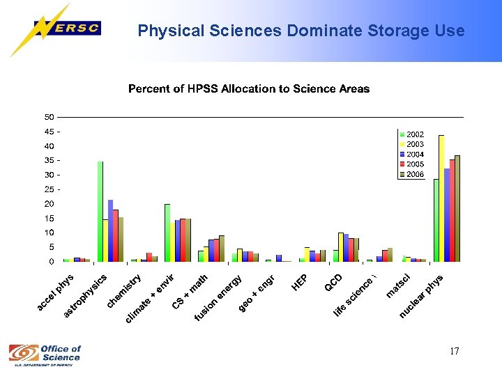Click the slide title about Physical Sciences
click(x=301, y=31)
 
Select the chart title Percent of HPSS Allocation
click(x=249, y=89)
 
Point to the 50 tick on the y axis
click(x=50, y=117)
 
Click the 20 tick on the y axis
click(x=50, y=204)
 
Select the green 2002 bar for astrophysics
click(x=100, y=211)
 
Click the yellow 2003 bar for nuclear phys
click(x=441, y=198)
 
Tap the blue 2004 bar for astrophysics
click(x=110, y=230)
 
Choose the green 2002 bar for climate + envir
click(x=167, y=233)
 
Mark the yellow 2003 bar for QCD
click(x=340, y=247)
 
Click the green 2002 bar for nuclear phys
click(x=436, y=220)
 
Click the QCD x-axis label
click(x=333, y=283)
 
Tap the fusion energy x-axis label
click(x=218, y=299)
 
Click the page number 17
click(x=454, y=351)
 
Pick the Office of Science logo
click(x=45, y=354)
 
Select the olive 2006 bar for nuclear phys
click(x=457, y=208)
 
